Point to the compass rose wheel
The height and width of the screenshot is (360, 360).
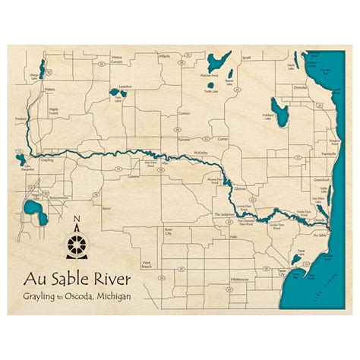[x=78, y=242]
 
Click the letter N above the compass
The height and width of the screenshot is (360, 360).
[x=78, y=221]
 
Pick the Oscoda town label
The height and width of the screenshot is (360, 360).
[x=320, y=220]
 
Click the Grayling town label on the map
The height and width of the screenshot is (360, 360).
[x=47, y=161]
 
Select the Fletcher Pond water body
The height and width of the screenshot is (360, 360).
[x=219, y=61]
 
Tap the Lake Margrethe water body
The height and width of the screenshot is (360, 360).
[x=18, y=159]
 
